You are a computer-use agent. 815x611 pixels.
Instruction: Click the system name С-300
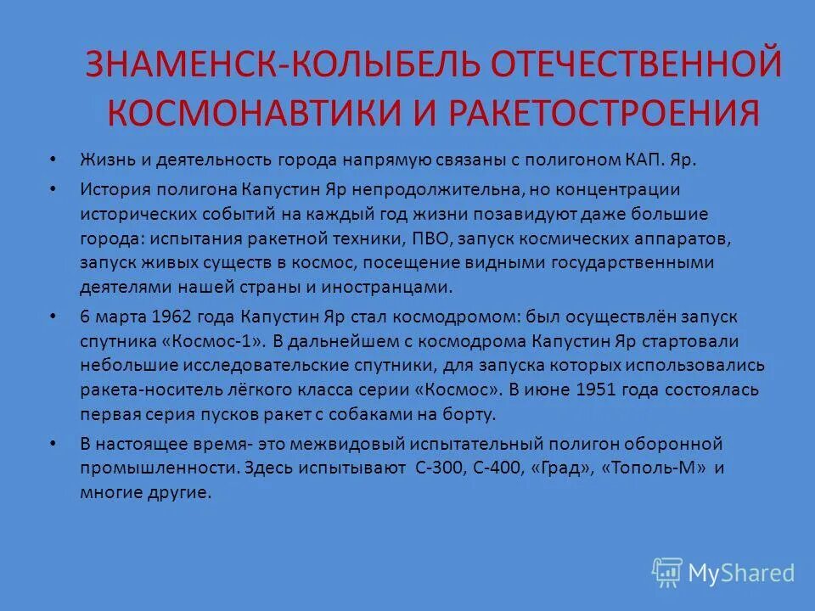coord(439,468)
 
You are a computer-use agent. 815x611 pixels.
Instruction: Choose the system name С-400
coord(501,468)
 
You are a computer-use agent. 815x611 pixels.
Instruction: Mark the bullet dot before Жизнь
coord(54,160)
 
